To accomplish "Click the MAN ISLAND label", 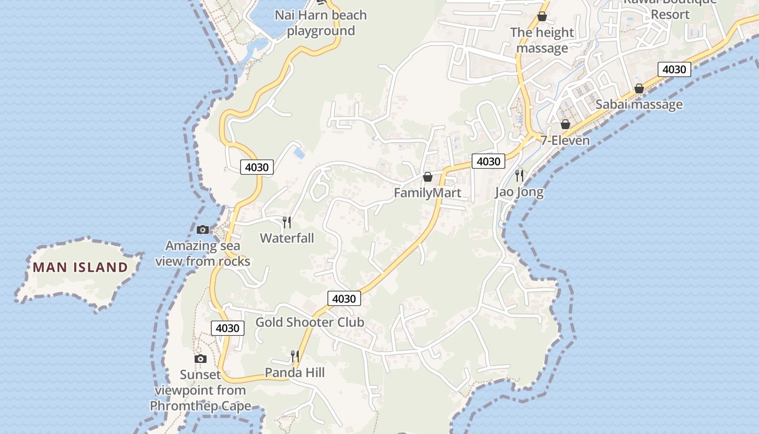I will click(80, 267).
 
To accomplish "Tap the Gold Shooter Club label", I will click(310, 322).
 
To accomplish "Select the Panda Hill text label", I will click(294, 373).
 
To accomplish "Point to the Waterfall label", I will click(287, 238).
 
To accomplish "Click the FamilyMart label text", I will click(427, 193).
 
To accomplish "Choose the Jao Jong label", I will click(519, 192).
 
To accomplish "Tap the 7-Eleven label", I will click(565, 141).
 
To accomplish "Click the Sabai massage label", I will click(639, 104).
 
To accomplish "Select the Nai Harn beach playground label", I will click(321, 23).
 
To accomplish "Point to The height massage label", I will click(542, 40).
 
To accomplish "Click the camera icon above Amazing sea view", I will click(203, 229).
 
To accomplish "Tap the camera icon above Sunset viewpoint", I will click(201, 359).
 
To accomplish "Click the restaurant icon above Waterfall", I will click(287, 222).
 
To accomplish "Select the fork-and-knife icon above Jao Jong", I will click(519, 175).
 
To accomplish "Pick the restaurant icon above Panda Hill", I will click(294, 356).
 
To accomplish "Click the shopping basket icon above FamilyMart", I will click(427, 177).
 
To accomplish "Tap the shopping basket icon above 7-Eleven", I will click(565, 124).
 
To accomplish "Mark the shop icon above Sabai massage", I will click(639, 88).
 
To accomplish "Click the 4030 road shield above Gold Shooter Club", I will click(344, 298).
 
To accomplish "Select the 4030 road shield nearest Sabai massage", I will click(674, 69).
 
